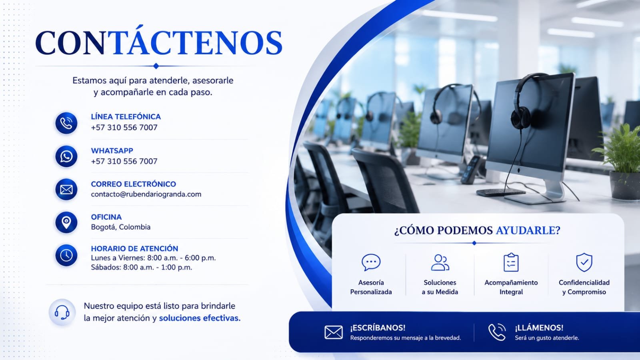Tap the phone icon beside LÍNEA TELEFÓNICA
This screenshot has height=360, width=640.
pyautogui.click(x=66, y=123)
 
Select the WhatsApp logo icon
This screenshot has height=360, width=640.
pyautogui.click(x=66, y=156)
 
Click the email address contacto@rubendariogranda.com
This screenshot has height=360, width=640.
pyautogui.click(x=146, y=194)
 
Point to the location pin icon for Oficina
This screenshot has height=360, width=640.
pyautogui.click(x=66, y=222)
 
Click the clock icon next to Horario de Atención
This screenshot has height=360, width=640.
pyautogui.click(x=66, y=255)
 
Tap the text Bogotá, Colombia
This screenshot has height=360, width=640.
pyautogui.click(x=120, y=227)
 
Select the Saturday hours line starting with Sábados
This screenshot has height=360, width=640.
pyautogui.click(x=142, y=268)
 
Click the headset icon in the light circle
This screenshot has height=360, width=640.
pyautogui.click(x=62, y=312)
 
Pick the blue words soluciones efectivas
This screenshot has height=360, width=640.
pyautogui.click(x=200, y=318)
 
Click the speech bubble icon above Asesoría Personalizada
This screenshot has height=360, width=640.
pyautogui.click(x=371, y=262)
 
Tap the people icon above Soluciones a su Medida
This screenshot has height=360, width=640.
pyautogui.click(x=440, y=262)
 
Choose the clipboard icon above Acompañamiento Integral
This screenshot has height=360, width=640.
pyautogui.click(x=511, y=262)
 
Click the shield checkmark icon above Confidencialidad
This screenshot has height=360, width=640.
pyautogui.click(x=584, y=262)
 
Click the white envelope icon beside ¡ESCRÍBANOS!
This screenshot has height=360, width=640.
pyautogui.click(x=334, y=332)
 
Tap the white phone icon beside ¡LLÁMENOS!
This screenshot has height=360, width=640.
pyautogui.click(x=497, y=332)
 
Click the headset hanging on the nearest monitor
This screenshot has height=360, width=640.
pyautogui.click(x=526, y=100)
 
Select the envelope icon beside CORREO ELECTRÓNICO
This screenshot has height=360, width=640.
pyautogui.click(x=66, y=190)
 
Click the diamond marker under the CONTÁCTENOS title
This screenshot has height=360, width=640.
pyautogui.click(x=156, y=66)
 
